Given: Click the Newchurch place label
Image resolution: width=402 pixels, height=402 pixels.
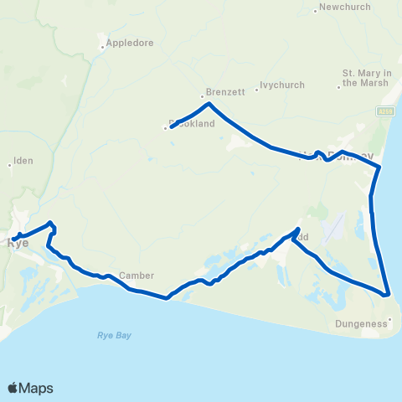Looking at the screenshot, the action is point(343,10).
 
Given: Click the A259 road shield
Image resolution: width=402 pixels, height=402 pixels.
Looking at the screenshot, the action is point(385,111).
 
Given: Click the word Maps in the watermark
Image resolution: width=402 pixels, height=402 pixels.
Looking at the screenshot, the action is point(38,388).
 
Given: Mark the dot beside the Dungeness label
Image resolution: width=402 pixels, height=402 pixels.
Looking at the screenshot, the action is point(390,319).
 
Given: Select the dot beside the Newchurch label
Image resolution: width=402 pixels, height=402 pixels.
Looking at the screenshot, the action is point(316,10).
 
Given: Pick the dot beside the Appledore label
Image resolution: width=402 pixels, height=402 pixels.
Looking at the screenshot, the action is point(102,47).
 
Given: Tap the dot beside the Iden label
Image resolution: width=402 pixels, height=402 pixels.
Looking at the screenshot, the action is point(10,164).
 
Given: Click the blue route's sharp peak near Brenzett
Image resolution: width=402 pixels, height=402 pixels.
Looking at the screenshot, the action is point(209,104).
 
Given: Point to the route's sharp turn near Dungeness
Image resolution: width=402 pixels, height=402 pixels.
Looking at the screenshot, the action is point(388,294).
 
